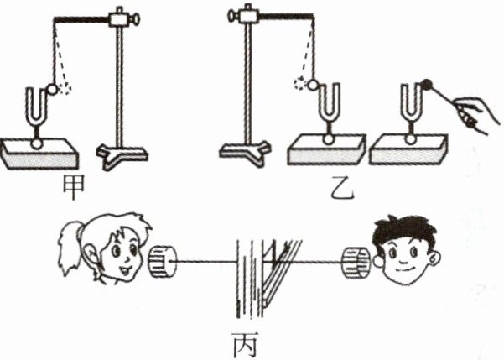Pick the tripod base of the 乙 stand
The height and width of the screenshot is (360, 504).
[x=245, y=150]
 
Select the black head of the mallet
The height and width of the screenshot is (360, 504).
[x=428, y=84]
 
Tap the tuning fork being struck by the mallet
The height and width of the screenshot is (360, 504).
[x=409, y=105]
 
